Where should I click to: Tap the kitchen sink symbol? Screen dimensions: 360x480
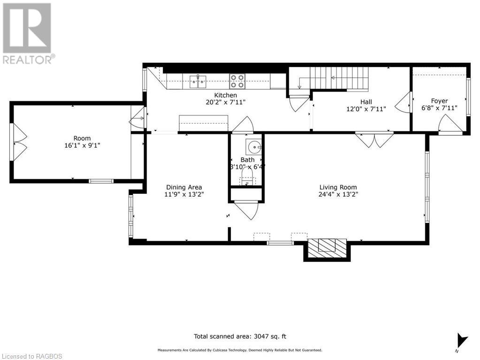198,81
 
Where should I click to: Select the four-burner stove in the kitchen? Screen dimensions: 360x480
237,81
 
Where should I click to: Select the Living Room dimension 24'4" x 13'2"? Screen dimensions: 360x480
339,194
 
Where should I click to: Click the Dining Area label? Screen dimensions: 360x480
184,187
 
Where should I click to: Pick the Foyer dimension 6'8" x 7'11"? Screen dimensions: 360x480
439,108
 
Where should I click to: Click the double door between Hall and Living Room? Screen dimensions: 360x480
374,140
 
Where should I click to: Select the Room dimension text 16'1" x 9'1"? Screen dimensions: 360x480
82,146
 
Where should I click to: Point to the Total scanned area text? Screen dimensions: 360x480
240,336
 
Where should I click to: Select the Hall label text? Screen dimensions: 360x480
366,101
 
